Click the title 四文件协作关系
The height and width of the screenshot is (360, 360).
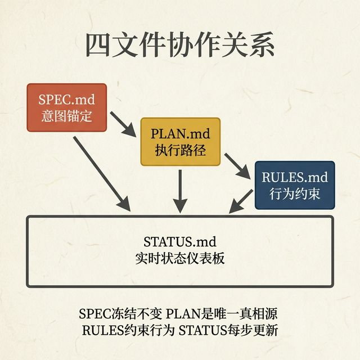[180, 46]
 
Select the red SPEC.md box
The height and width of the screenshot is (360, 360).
[67, 107]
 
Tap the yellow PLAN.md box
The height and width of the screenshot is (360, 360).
[179, 142]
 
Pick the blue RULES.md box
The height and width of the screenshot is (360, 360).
[294, 185]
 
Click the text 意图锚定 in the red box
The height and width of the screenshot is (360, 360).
[67, 116]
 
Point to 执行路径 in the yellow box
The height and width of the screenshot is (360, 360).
[179, 151]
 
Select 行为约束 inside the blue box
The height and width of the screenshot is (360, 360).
[294, 194]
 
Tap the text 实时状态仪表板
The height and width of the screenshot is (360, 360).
[180, 258]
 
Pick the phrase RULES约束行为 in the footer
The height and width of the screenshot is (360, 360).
[128, 330]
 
